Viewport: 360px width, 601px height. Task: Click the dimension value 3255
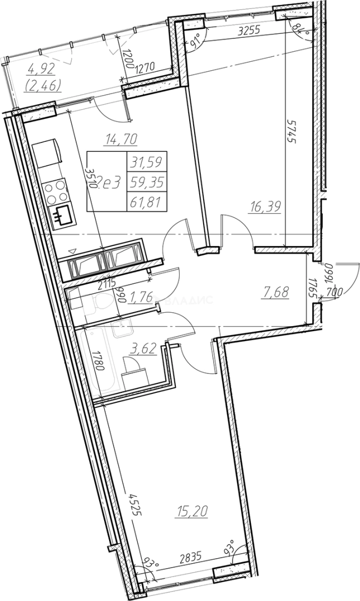point(248,32)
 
